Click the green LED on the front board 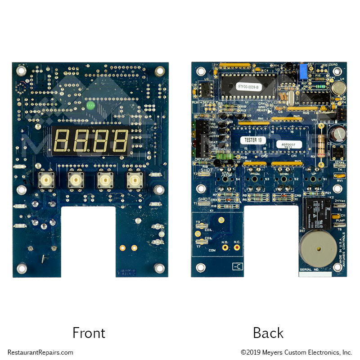click(90, 106)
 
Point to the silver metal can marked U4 click(336, 88)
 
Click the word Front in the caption click(89, 333)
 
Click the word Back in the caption click(268, 333)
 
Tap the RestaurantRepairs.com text click(40, 352)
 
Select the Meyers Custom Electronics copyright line click(296, 352)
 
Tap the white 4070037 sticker click(286, 145)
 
